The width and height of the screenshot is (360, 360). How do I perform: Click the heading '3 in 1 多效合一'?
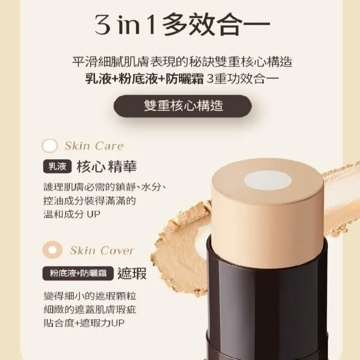coord(182,25)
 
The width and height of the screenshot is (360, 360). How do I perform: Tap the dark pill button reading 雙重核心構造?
coord(182,106)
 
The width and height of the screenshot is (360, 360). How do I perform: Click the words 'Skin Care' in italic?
coord(94,146)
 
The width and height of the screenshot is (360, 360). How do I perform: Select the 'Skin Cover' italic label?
coord(102,250)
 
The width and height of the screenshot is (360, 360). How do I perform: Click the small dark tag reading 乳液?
coord(57,166)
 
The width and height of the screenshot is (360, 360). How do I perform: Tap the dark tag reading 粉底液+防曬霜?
coord(78,273)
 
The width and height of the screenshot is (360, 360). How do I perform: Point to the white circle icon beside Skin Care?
coord(49,146)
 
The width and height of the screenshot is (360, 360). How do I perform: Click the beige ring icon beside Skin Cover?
coord(52,250)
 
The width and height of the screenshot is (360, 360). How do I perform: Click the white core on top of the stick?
coord(268,181)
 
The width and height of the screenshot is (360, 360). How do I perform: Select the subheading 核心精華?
coord(106,166)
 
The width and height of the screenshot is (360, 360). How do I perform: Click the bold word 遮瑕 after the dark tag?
coord(132,273)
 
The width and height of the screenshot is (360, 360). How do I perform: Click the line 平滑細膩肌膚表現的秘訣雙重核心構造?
coord(182,61)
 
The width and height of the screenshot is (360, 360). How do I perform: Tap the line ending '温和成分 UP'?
coord(72,214)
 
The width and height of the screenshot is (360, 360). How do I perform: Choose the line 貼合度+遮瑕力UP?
coord(84,323)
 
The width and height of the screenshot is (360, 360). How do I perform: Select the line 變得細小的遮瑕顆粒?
coord(90,296)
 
